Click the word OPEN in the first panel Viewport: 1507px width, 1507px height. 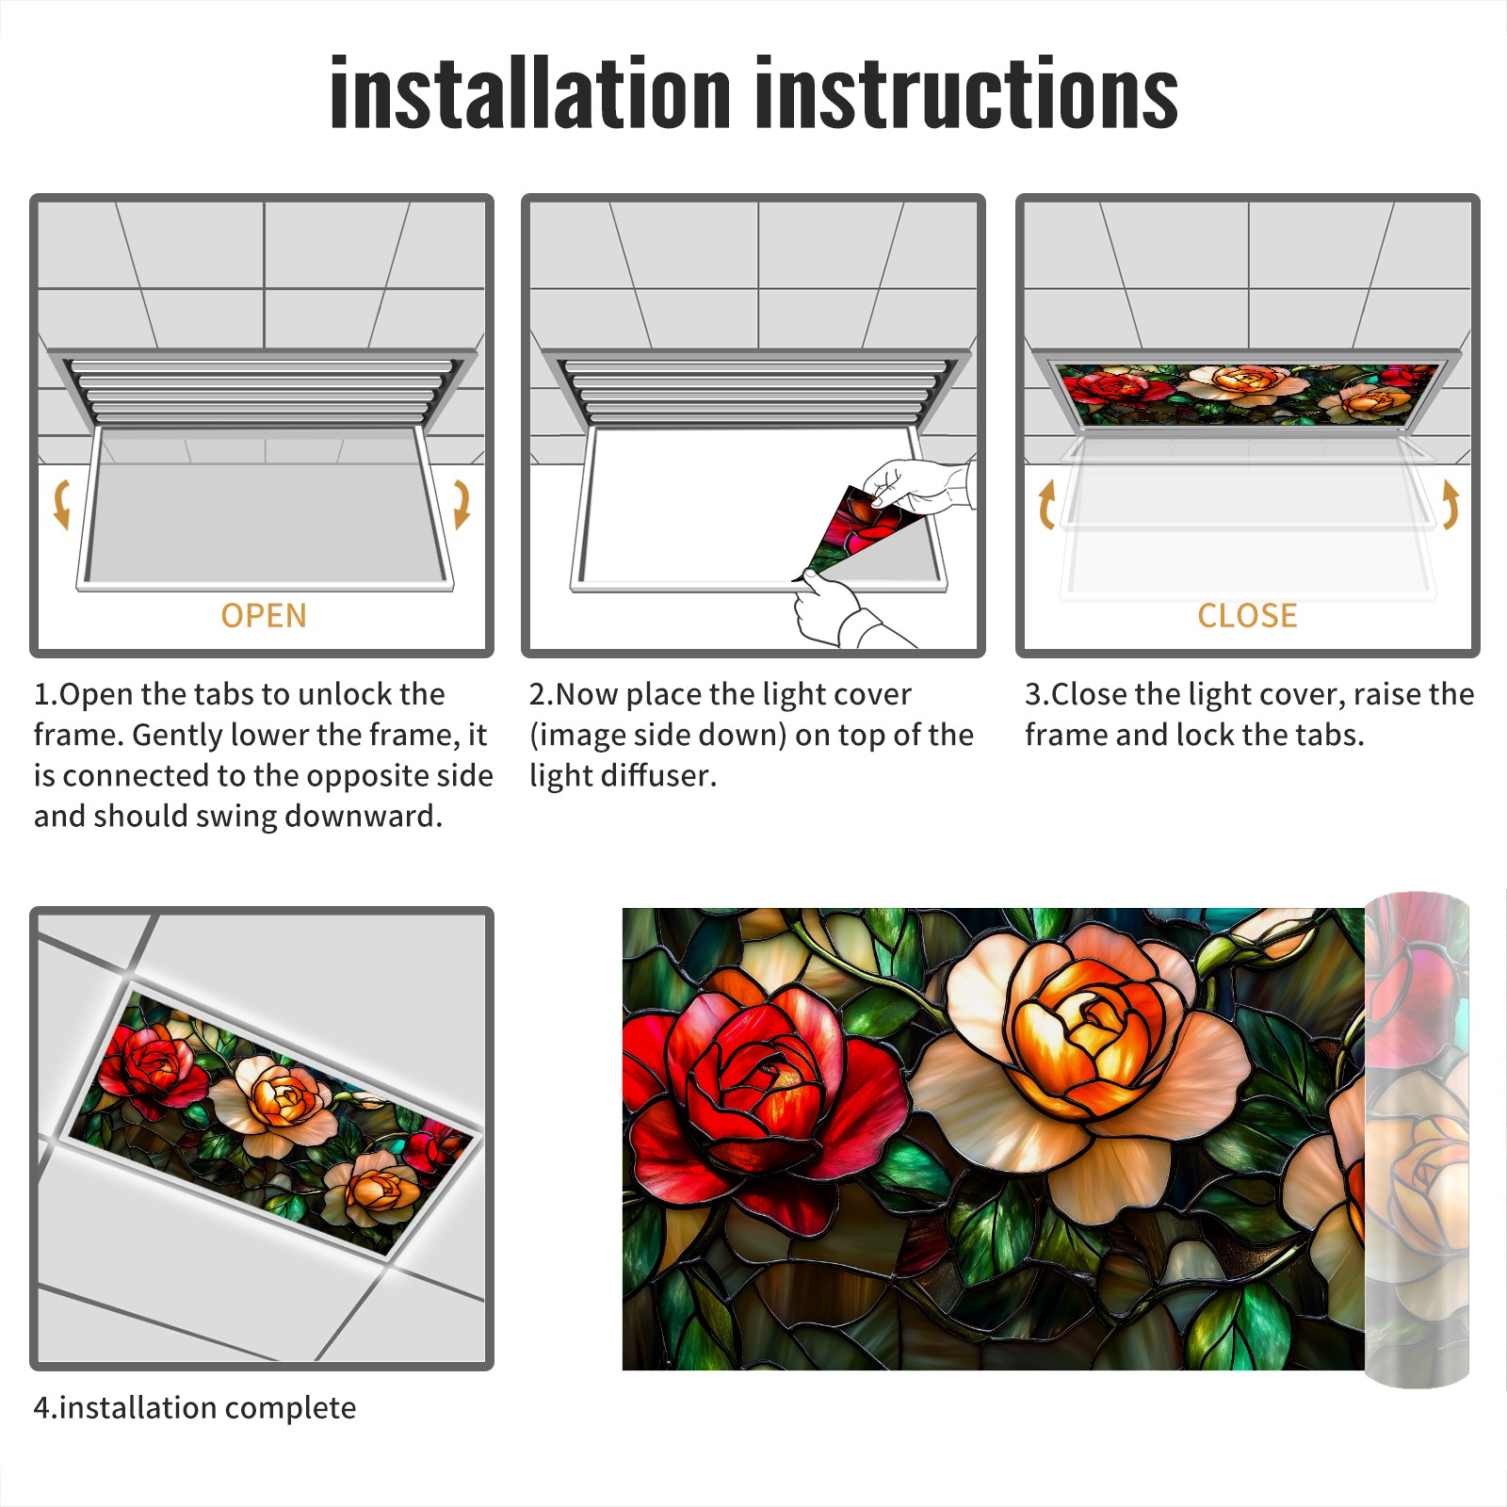click(264, 615)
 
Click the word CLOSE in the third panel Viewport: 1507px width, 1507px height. click(1247, 615)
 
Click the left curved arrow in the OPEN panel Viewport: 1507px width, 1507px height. click(61, 504)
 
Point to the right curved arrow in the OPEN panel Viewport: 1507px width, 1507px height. click(462, 504)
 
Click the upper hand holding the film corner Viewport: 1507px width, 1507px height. click(918, 486)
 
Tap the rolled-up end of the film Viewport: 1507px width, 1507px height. click(1417, 1140)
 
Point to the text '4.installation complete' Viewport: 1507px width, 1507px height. click(195, 1407)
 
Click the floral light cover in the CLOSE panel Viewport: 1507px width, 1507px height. click(1247, 394)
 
